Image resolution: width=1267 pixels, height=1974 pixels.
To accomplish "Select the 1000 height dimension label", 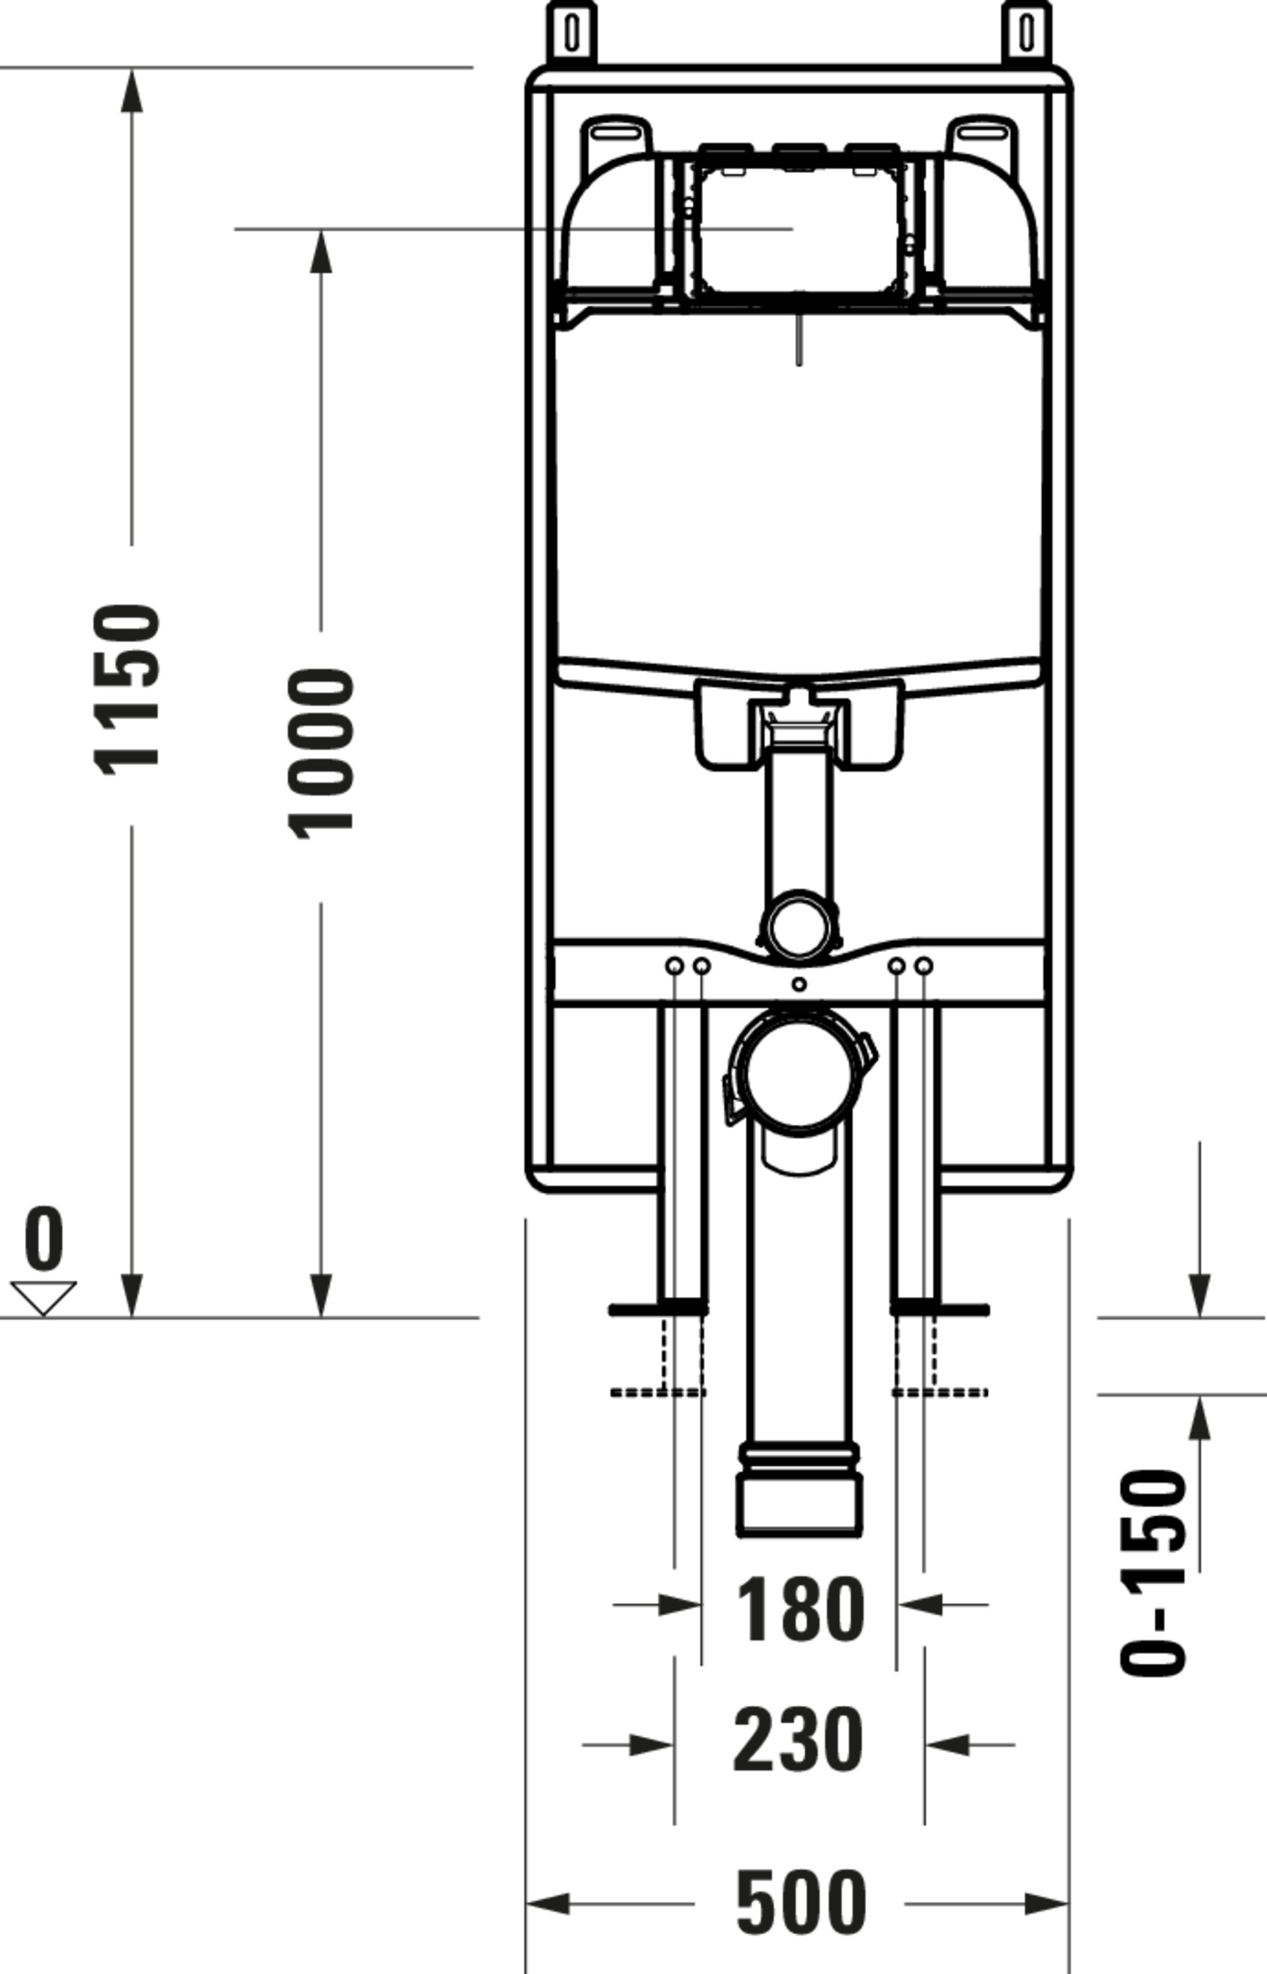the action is pos(322,754).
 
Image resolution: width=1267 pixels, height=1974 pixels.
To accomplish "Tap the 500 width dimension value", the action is pos(800,1903).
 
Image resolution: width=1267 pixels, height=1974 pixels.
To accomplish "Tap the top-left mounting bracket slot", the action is pos(572,32).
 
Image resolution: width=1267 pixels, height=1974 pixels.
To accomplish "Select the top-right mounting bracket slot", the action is pos(1026,32).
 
